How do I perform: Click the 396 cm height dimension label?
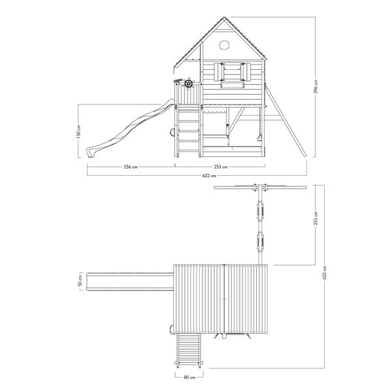(x=316, y=87)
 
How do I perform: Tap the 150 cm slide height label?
(x=78, y=131)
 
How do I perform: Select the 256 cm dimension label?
(x=131, y=167)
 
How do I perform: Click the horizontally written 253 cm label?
(x=221, y=167)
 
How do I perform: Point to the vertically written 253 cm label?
(x=316, y=218)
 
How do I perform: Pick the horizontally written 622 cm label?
(x=209, y=176)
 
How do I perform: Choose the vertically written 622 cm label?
(x=325, y=272)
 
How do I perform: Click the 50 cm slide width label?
(x=80, y=280)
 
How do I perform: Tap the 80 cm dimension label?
(x=189, y=377)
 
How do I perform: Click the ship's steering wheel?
(x=189, y=83)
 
